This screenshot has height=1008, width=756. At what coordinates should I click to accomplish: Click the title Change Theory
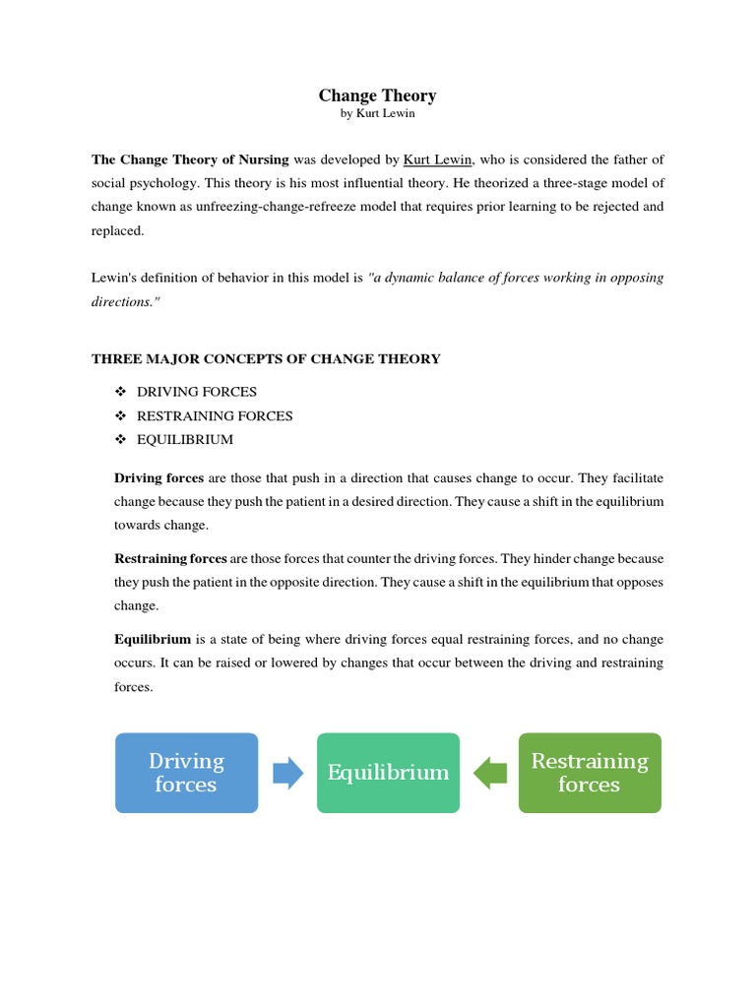point(377,95)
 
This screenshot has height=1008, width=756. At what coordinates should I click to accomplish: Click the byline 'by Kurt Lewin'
point(377,114)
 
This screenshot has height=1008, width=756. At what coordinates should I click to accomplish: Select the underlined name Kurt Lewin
point(438,159)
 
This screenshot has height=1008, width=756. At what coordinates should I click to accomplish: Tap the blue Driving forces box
point(186,773)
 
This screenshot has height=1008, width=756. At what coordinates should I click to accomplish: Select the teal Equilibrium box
point(388,773)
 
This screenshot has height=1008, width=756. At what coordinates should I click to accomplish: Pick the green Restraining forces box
point(589,773)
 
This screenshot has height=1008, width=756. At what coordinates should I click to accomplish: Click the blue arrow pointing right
point(287,773)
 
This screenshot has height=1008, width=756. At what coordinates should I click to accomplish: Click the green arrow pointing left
point(489,773)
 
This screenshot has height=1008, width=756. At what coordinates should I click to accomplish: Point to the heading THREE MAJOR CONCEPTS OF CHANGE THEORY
point(266,359)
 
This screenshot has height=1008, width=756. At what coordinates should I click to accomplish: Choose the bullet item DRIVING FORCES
point(197,392)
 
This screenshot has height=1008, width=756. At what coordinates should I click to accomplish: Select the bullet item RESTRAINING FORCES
point(215,415)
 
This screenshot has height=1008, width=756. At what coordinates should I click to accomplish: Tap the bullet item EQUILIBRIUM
point(185,439)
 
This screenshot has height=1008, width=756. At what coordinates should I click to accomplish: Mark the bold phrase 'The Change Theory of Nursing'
point(190,159)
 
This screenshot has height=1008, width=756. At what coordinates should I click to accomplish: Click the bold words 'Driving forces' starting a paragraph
point(159,478)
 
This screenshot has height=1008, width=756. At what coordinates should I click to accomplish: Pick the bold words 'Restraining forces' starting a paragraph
point(170,558)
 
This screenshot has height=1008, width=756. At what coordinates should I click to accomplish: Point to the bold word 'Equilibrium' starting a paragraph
point(153,639)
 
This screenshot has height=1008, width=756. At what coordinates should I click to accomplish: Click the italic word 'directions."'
point(125,302)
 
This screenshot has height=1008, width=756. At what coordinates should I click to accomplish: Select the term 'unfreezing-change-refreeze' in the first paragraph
point(308,207)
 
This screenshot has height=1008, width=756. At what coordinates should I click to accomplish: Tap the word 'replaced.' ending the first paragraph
point(117,230)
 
